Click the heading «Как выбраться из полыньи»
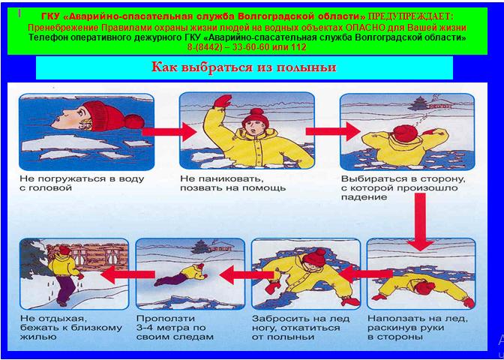coord(244,67)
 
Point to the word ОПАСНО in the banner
coord(364,27)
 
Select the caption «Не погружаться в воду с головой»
coord(82,183)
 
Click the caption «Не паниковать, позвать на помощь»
coord(233,183)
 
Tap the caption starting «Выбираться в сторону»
coord(403,187)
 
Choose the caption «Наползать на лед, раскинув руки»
coord(417,328)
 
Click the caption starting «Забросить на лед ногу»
coord(301,328)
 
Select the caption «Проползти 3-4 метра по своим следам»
coord(175,328)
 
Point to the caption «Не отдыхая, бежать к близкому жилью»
coord(71,328)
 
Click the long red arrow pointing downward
coord(421,222)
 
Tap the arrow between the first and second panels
coord(169,131)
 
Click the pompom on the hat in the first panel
coord(134,121)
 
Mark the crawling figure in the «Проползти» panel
coord(181,274)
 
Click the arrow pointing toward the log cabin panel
coord(128,274)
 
